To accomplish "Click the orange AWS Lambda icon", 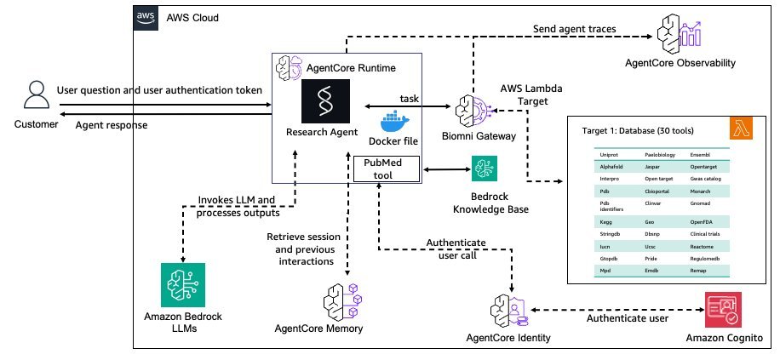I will point(741,129).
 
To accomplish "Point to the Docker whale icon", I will point(394,123).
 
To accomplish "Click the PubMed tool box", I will point(387,168).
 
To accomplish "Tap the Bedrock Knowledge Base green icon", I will point(485,169).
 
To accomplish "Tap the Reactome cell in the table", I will point(701,247).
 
